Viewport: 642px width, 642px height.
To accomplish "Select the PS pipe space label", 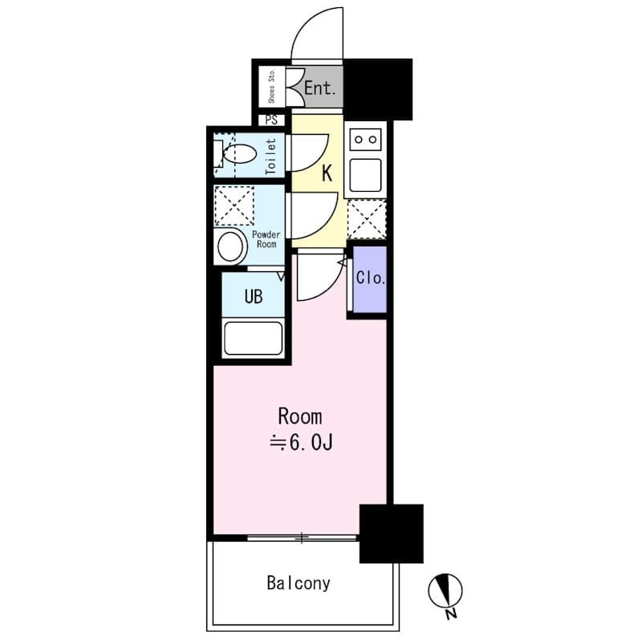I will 270,121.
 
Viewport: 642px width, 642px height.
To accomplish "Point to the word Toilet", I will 270,156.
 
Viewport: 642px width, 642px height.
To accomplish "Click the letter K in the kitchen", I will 327,173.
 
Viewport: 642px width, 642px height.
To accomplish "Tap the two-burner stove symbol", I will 365,140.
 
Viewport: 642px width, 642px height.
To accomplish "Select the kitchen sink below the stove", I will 365,175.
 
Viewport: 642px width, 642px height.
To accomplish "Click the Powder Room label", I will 265,239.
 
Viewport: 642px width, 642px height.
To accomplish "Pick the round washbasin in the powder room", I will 231,246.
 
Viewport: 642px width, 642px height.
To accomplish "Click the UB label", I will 254,297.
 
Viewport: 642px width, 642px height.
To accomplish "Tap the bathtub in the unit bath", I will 254,338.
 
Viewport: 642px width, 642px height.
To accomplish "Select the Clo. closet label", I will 371,280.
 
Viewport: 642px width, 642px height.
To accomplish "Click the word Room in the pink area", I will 299,417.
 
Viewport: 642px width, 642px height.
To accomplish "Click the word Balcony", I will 299,583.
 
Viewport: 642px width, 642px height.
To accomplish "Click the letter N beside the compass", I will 451,616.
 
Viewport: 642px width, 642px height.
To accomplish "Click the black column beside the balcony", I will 391,534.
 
